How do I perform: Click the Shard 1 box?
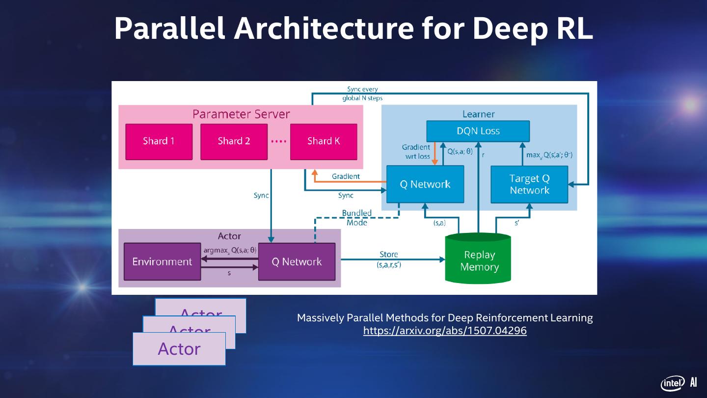pyautogui.click(x=159, y=142)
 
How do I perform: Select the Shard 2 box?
pyautogui.click(x=234, y=142)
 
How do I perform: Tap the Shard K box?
pyautogui.click(x=324, y=142)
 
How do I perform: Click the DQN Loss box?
pyautogui.click(x=478, y=131)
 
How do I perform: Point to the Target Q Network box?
pyautogui.click(x=529, y=184)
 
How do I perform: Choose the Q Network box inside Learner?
pyautogui.click(x=425, y=184)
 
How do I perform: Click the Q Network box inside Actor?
pyautogui.click(x=297, y=262)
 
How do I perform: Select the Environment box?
pyautogui.click(x=162, y=262)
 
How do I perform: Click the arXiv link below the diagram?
pyautogui.click(x=445, y=331)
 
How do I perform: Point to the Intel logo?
pyautogui.click(x=672, y=383)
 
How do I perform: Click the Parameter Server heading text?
pyautogui.click(x=241, y=114)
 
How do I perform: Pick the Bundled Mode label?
pyautogui.click(x=357, y=218)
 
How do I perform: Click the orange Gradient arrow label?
pyautogui.click(x=346, y=176)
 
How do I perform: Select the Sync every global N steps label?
pyautogui.click(x=362, y=94)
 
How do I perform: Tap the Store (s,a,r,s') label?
pyautogui.click(x=389, y=259)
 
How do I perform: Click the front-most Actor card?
pyautogui.click(x=179, y=349)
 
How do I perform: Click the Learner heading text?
pyautogui.click(x=478, y=114)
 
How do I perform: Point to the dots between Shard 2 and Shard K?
pyautogui.click(x=278, y=142)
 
